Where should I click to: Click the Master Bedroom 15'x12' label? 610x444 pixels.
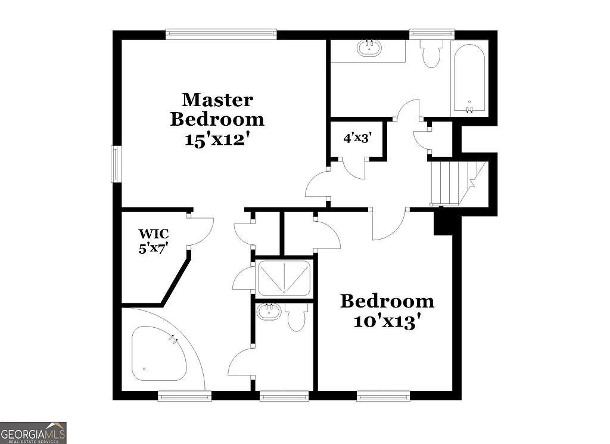click(x=217, y=119)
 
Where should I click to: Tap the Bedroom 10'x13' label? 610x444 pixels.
click(x=387, y=311)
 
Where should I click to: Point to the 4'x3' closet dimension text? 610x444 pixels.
click(x=357, y=138)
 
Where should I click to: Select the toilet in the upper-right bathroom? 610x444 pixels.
click(x=430, y=54)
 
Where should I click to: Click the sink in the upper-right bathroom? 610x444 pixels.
click(x=370, y=48)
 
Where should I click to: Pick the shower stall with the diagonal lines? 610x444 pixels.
click(x=284, y=278)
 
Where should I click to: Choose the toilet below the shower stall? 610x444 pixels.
click(x=296, y=318)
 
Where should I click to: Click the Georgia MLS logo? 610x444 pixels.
click(x=33, y=433)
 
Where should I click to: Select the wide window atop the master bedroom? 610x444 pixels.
click(x=221, y=34)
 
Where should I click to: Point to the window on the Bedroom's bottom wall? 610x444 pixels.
click(x=383, y=395)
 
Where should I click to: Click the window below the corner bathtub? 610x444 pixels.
click(x=184, y=395)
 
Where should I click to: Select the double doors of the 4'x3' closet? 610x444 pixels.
click(x=354, y=168)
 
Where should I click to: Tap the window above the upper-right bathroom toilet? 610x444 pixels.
click(x=432, y=34)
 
